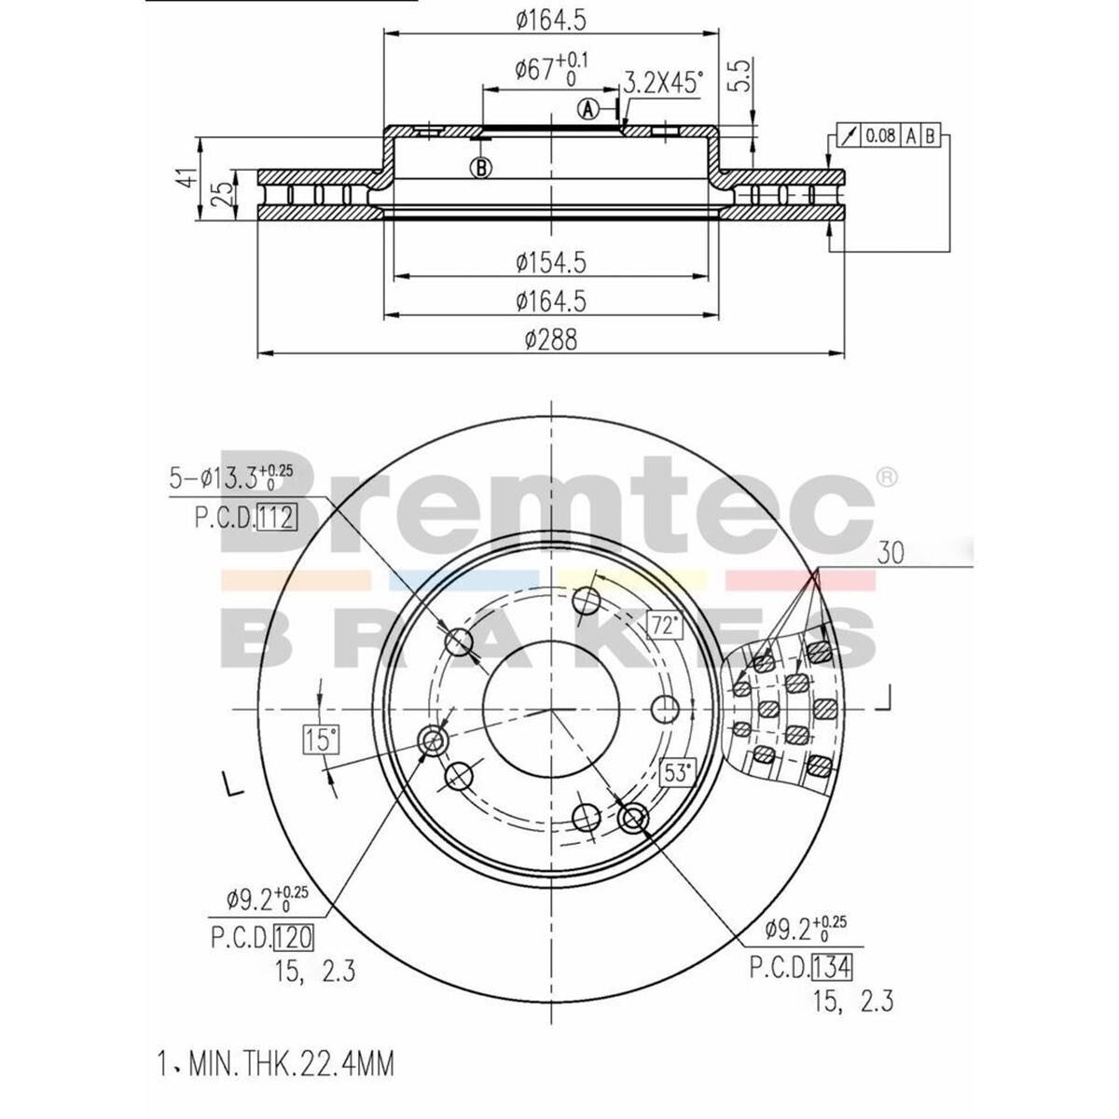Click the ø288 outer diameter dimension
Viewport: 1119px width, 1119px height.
click(550, 341)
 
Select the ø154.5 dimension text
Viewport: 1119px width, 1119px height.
click(550, 264)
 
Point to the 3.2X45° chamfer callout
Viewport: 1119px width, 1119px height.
click(662, 83)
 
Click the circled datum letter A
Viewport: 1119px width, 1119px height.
click(588, 109)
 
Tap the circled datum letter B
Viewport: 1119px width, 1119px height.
click(481, 168)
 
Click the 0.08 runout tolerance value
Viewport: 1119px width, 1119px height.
click(880, 136)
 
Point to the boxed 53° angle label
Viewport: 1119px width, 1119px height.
click(678, 772)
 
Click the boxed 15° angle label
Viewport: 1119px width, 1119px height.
click(320, 741)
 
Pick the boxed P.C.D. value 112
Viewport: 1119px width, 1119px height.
click(276, 518)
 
